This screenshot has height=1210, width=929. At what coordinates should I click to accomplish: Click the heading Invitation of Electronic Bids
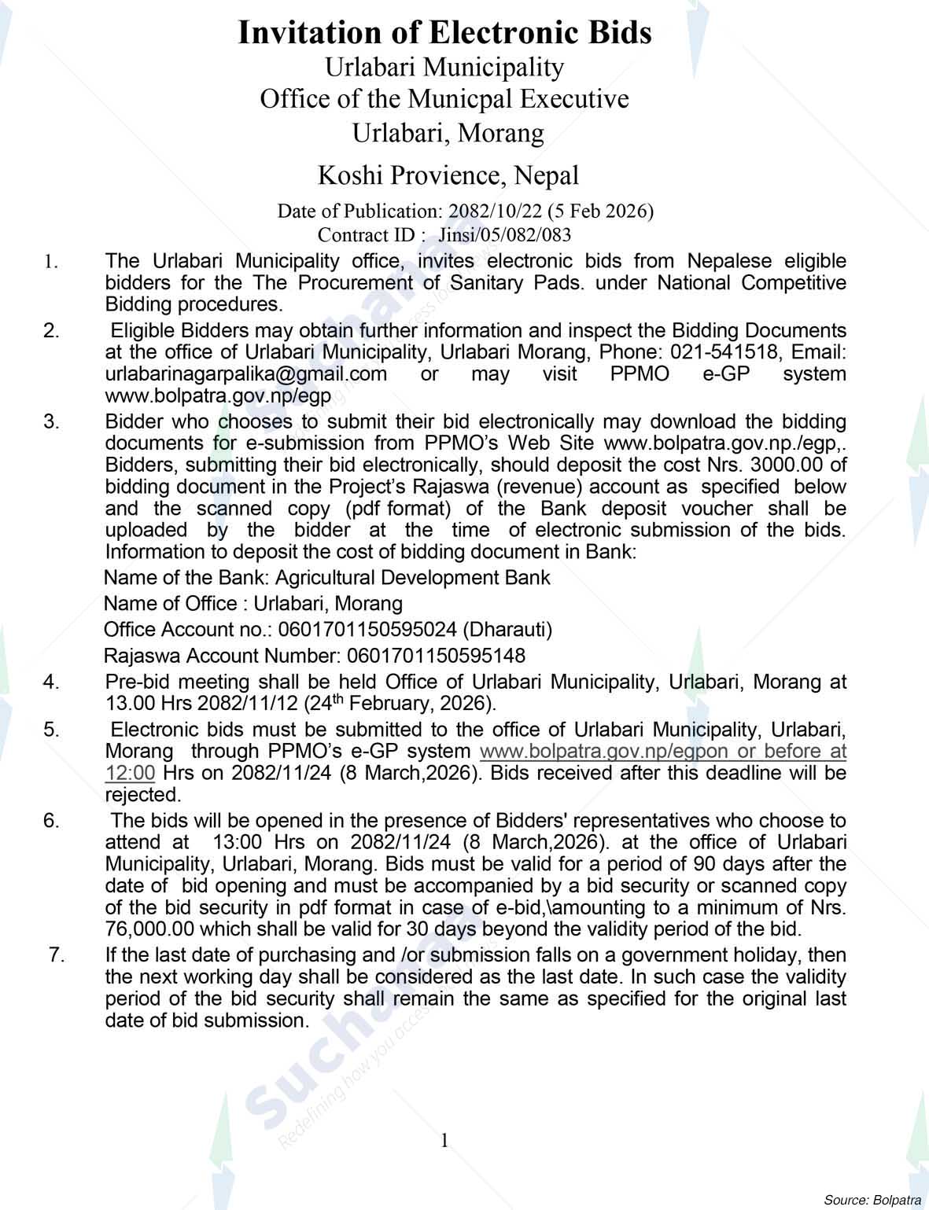pyautogui.click(x=444, y=33)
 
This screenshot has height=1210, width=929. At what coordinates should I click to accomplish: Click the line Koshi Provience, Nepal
pyautogui.click(x=448, y=175)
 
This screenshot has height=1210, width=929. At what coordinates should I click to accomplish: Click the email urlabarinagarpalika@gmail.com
pyautogui.click(x=246, y=373)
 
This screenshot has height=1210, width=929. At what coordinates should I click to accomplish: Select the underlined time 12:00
pyautogui.click(x=130, y=773)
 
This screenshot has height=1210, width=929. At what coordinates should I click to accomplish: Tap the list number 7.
pyautogui.click(x=55, y=955)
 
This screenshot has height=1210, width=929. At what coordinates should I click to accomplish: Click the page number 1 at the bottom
pyautogui.click(x=444, y=1140)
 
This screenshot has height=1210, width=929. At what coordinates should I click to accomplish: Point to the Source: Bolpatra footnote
pyautogui.click(x=872, y=1200)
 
